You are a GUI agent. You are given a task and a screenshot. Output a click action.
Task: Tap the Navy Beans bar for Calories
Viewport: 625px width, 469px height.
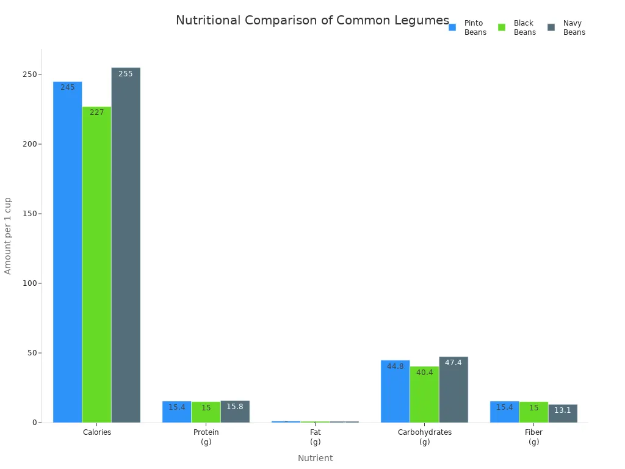point(126,245)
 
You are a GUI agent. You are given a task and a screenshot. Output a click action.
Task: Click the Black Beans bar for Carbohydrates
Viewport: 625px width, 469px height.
point(424,394)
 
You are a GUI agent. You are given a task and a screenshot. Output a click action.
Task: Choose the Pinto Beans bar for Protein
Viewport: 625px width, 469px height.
point(176,412)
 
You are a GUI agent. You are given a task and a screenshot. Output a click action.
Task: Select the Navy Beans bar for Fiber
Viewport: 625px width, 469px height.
point(563,413)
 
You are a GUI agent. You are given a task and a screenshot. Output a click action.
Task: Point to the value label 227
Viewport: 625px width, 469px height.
point(97,112)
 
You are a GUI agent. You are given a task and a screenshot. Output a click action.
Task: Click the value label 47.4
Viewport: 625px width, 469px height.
point(453,363)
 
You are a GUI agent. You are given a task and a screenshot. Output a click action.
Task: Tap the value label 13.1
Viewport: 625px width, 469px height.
point(563,410)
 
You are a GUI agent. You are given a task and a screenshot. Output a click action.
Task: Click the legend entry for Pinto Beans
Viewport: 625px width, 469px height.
point(468,27)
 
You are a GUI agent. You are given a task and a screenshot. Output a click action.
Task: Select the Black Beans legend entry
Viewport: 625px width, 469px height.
point(517,27)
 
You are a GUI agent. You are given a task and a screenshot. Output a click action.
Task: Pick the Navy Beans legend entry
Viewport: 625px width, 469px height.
point(566,27)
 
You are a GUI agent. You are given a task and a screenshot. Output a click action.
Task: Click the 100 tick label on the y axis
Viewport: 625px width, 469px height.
point(30,283)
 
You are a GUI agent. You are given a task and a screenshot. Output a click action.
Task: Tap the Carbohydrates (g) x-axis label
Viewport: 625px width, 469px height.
point(425,437)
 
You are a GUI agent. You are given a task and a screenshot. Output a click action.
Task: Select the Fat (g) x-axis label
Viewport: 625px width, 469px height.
point(316,437)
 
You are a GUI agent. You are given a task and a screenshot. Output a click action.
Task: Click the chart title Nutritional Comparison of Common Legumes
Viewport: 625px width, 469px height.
point(312,21)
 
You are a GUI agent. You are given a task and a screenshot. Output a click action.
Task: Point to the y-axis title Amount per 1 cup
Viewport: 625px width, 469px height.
point(8,236)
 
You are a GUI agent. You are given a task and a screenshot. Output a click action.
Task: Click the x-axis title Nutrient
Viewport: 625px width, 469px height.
point(316,458)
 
